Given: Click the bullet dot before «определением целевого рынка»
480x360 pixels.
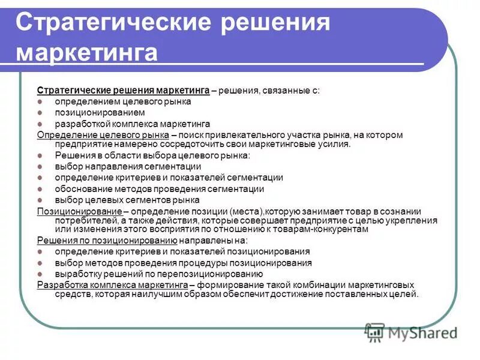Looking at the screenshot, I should (40, 102).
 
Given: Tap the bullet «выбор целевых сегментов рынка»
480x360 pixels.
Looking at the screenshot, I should (127, 200).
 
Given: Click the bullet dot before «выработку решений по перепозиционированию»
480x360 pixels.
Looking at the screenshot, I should (40, 274).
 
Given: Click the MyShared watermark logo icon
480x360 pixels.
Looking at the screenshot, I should (374, 331).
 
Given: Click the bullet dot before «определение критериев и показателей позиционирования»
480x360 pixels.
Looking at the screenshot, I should (40, 252).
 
